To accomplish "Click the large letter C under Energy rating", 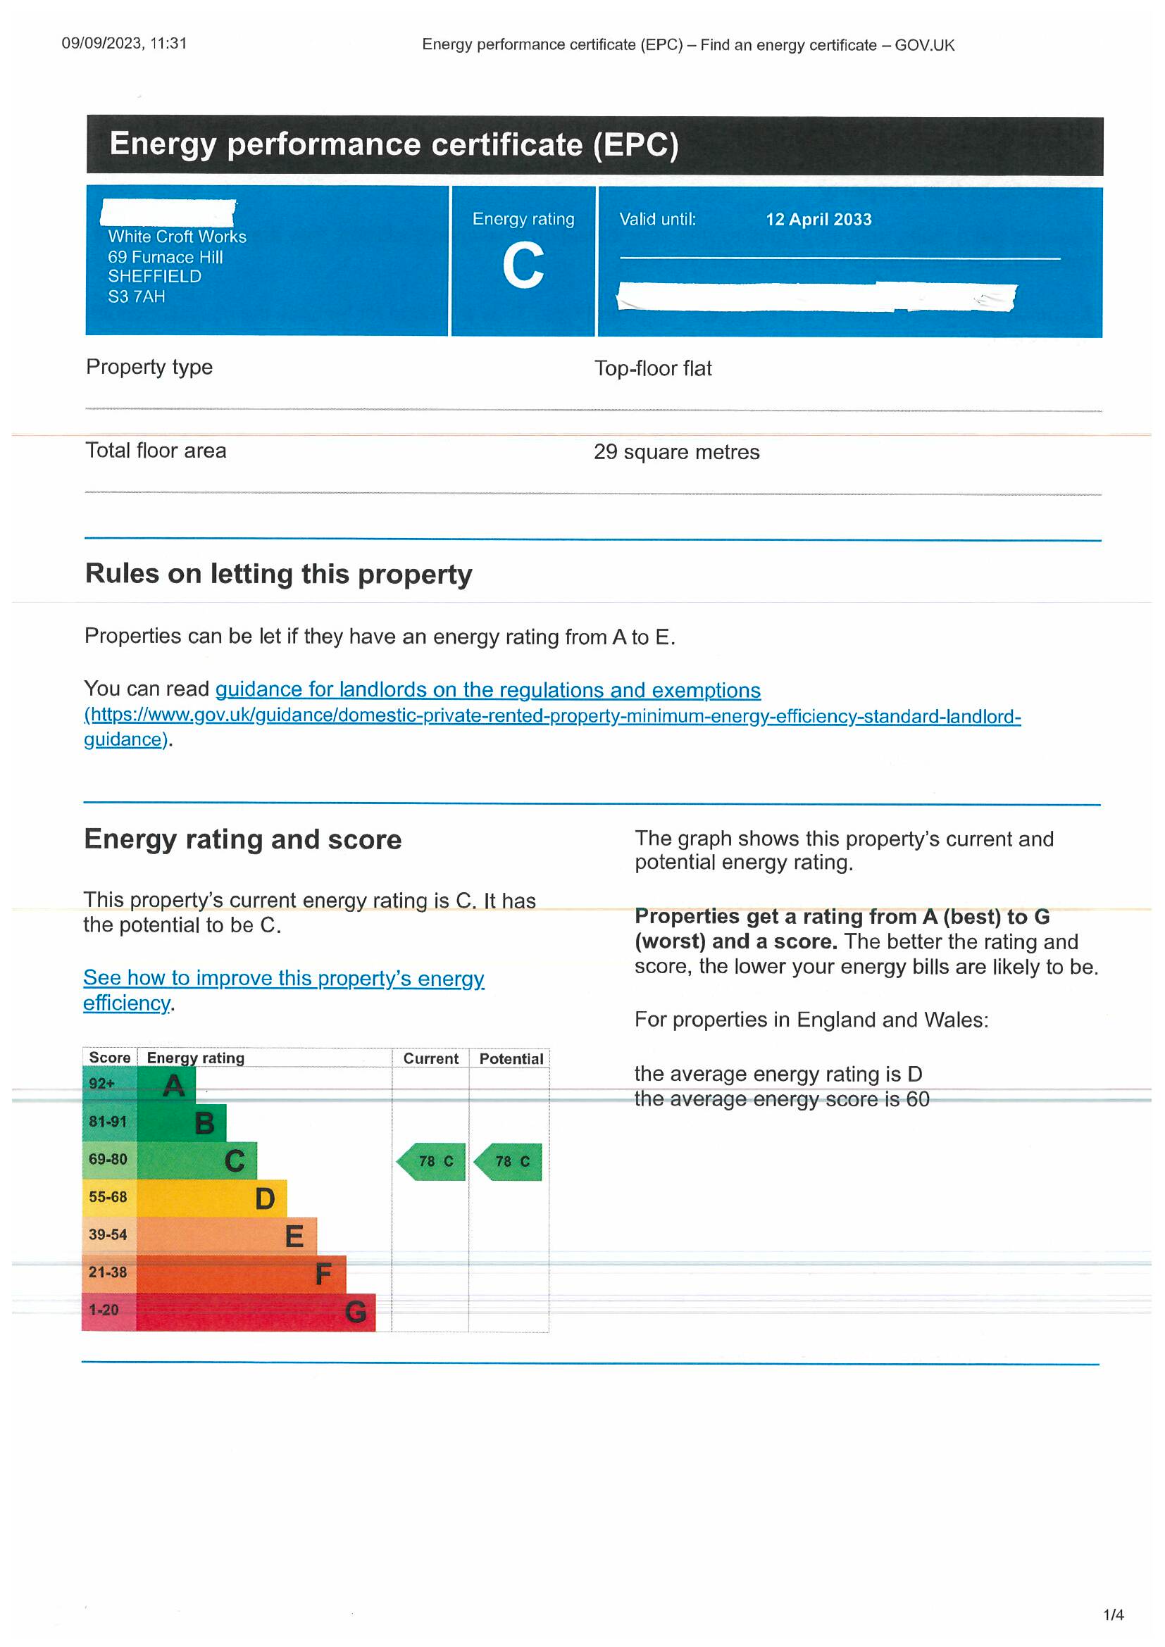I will tap(523, 266).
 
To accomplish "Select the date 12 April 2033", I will tap(818, 220).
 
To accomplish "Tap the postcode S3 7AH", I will tap(137, 296).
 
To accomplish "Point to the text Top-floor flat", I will tap(653, 369).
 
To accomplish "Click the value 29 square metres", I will tap(676, 452).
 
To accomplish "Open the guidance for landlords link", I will tap(488, 690).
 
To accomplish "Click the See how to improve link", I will tap(283, 979).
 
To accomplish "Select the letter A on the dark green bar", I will tap(174, 1086).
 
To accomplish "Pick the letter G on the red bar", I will tap(356, 1313).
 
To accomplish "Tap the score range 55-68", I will tap(108, 1197).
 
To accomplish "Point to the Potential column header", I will tap(511, 1059).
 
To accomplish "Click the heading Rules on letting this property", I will tap(278, 574).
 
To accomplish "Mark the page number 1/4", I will tap(1114, 1615).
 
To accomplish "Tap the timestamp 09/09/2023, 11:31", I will tap(124, 43).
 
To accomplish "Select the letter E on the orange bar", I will tap(294, 1236).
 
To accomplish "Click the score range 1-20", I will tap(104, 1310).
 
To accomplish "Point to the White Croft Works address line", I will tap(177, 237).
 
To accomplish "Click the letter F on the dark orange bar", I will tap(323, 1275).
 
